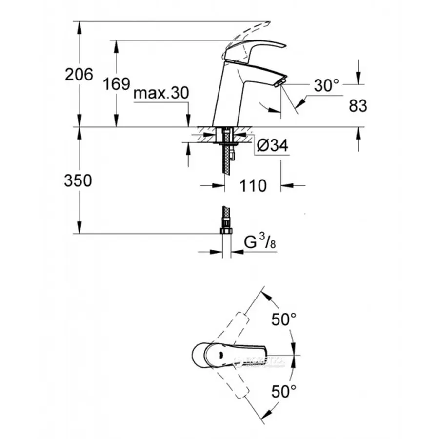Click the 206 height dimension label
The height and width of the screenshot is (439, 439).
(x=79, y=75)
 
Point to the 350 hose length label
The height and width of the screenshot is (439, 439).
(x=78, y=180)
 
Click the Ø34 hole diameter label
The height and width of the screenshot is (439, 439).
(x=271, y=145)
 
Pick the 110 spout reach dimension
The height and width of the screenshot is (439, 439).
(x=253, y=185)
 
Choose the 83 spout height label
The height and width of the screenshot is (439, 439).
(x=358, y=105)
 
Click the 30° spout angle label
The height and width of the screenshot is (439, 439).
(x=326, y=86)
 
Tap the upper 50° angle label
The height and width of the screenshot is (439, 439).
(x=284, y=320)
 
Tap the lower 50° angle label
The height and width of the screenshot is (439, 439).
(x=284, y=391)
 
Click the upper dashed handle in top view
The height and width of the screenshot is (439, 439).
(x=239, y=322)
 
